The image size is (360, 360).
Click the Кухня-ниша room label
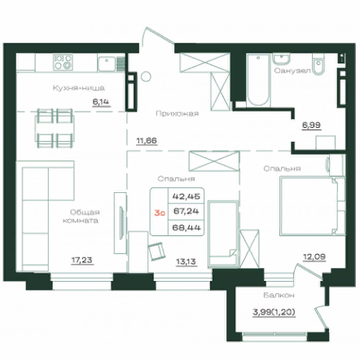[x=79, y=88]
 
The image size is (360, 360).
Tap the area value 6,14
[x=101, y=102]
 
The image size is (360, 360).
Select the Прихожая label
[x=178, y=113]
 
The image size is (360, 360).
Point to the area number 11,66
[x=147, y=141]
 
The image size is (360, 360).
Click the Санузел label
[x=292, y=71]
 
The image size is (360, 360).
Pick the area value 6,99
[x=311, y=125]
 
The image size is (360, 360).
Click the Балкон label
[x=279, y=295]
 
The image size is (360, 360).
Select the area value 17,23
[x=82, y=260]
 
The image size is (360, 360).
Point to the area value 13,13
[x=186, y=261]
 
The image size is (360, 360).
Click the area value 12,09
[x=314, y=257]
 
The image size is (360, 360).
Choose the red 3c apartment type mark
[x=160, y=213]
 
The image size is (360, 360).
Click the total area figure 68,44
[x=187, y=227]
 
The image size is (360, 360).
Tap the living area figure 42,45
[x=187, y=196]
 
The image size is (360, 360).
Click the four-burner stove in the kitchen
[x=63, y=62]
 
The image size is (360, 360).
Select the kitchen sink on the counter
[x=108, y=64]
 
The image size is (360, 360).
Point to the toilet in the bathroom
[x=318, y=64]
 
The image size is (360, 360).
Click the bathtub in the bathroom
[x=258, y=80]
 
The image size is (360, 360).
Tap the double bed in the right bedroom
[x=313, y=205]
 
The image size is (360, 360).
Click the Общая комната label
[x=81, y=216]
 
